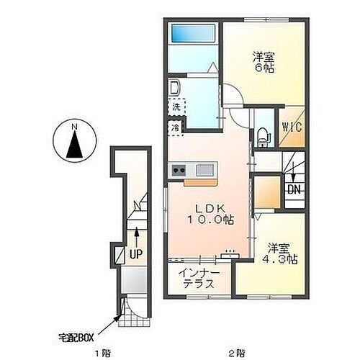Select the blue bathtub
coord(192,34)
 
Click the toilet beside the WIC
coord(264,132)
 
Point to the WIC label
coord(291,127)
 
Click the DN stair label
coord(293,189)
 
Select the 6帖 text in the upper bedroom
coord(264,68)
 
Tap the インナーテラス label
coord(197,278)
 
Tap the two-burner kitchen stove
coord(178,171)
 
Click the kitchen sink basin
coord(203,171)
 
